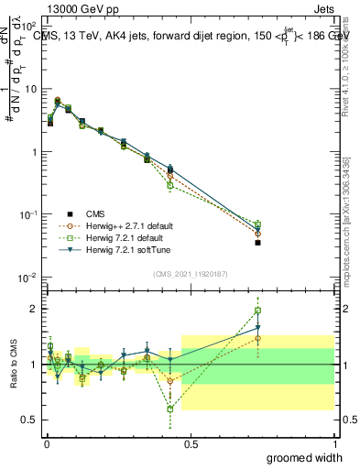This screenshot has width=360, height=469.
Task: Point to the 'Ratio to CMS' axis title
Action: point(14,364)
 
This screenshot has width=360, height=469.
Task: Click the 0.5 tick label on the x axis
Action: point(190,443)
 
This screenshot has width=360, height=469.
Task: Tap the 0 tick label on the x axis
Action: point(46,443)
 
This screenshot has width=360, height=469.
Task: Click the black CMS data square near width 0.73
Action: point(257,243)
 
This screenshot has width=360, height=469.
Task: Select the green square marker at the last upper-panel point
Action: point(257,224)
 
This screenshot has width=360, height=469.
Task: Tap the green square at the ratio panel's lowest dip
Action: point(170,409)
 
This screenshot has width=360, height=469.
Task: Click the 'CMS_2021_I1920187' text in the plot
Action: point(190,272)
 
